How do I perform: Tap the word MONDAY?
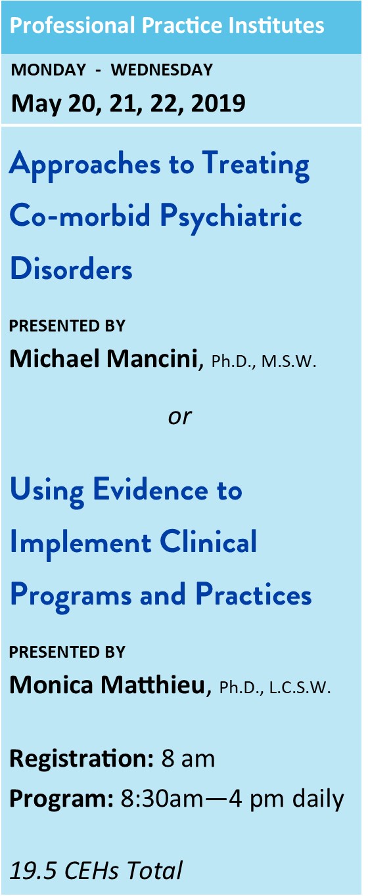[49, 70]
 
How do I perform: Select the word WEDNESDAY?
[162, 70]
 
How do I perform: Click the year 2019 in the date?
[218, 103]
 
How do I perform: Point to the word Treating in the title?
[256, 165]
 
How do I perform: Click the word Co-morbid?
[80, 215]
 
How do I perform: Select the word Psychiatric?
[231, 218]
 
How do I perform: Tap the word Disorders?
[71, 268]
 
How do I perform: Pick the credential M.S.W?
[288, 362]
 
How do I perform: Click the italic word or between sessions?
[180, 417]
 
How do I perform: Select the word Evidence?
[150, 490]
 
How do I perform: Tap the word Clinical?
[208, 542]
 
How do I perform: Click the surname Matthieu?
[153, 685]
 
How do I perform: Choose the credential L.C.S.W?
[300, 688]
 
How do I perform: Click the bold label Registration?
[81, 759]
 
